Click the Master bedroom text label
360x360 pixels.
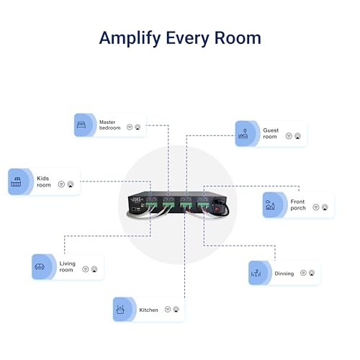click(x=109, y=125)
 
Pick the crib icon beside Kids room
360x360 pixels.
click(x=17, y=181)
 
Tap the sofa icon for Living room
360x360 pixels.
click(x=39, y=266)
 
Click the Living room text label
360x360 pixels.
click(x=67, y=267)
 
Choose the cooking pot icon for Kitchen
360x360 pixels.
click(x=120, y=310)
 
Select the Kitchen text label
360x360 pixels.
click(x=148, y=310)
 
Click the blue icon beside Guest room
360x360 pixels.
click(x=243, y=132)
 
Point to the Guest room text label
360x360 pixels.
click(x=270, y=133)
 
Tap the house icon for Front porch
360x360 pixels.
click(x=271, y=204)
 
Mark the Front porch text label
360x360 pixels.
click(x=298, y=204)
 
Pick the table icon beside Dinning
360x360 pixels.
click(x=256, y=273)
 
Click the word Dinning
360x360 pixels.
click(x=284, y=274)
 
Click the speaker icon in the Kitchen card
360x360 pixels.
click(x=176, y=310)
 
